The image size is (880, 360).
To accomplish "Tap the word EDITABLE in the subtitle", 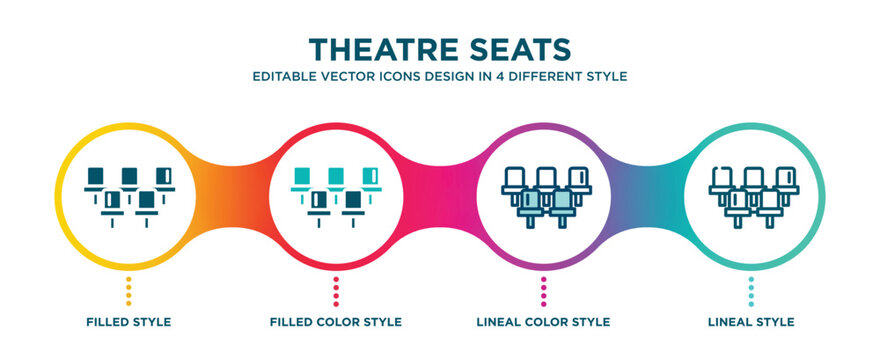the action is pyautogui.click(x=279, y=76).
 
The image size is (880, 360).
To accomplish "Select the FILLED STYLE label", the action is pyautogui.click(x=129, y=322).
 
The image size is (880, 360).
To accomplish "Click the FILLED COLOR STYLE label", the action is pyautogui.click(x=336, y=322).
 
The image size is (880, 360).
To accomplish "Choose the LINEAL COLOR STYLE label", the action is pyautogui.click(x=543, y=322).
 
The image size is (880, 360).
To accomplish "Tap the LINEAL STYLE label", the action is pyautogui.click(x=751, y=322).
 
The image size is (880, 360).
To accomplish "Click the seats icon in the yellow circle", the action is pyautogui.click(x=129, y=197).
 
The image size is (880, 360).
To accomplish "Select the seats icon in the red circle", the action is pyautogui.click(x=336, y=197).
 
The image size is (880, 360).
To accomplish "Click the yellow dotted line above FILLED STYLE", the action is pyautogui.click(x=129, y=291).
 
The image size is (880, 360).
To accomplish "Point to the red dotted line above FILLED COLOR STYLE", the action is pyautogui.click(x=336, y=291).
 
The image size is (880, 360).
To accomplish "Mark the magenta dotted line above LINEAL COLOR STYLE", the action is pyautogui.click(x=543, y=291).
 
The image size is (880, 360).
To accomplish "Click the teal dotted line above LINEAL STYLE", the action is pyautogui.click(x=751, y=291).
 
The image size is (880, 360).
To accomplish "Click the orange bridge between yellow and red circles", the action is pyautogui.click(x=232, y=197).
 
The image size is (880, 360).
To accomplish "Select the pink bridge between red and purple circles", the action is pyautogui.click(x=439, y=197).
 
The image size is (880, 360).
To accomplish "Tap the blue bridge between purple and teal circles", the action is pyautogui.click(x=647, y=197).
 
